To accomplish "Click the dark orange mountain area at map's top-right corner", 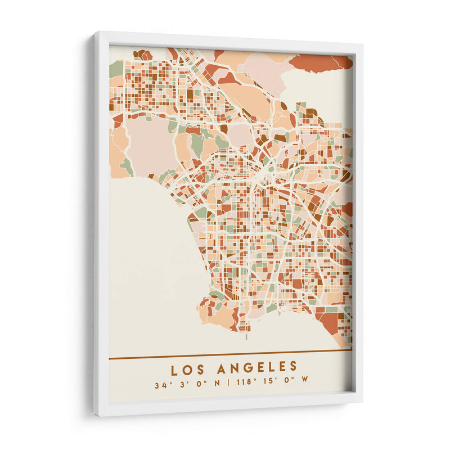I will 321,62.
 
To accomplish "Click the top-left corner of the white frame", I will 96,34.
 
